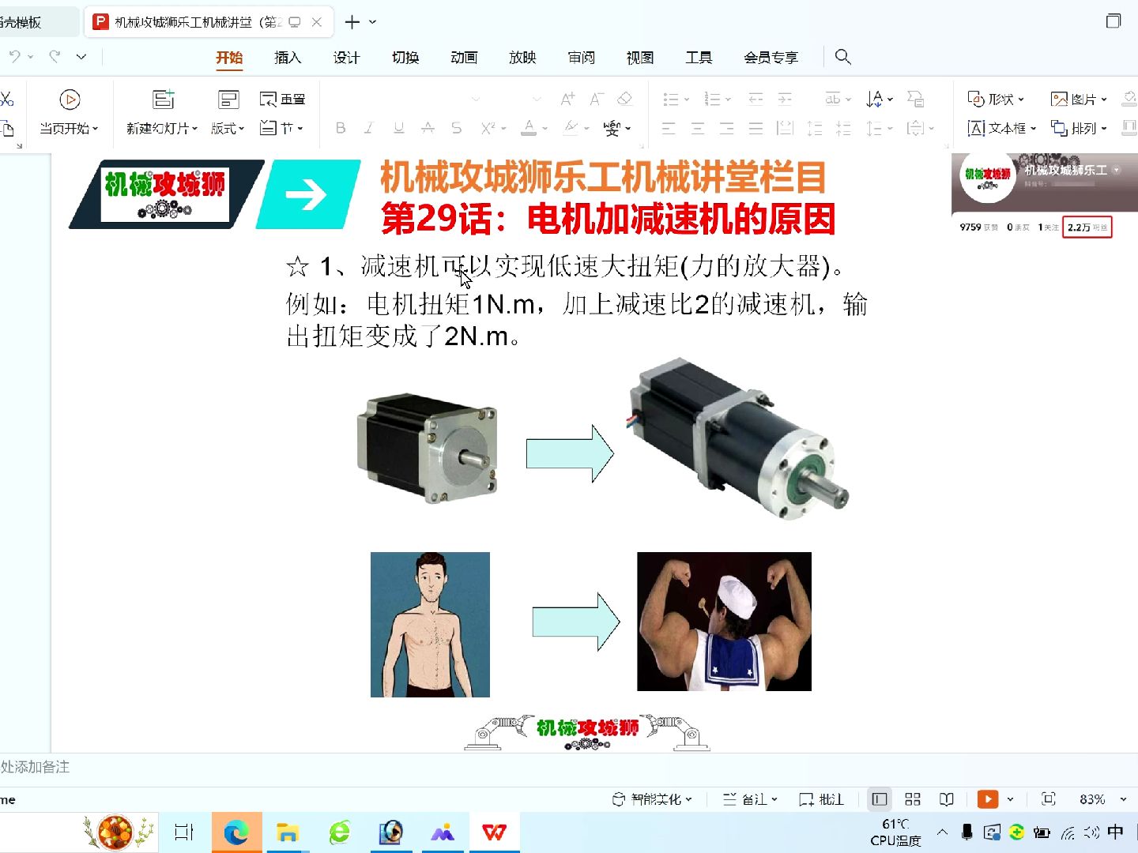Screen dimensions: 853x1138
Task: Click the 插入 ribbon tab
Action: click(288, 58)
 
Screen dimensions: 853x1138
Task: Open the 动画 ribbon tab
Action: click(464, 58)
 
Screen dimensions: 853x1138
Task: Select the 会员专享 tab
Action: click(771, 58)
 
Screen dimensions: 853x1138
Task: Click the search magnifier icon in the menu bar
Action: click(843, 57)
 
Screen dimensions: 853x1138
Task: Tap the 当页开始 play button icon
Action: click(70, 100)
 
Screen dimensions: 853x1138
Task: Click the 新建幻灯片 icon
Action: click(163, 100)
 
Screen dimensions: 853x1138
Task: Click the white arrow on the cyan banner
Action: click(307, 194)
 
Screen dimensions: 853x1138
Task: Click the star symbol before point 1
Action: click(297, 267)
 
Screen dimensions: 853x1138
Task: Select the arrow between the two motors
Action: click(570, 453)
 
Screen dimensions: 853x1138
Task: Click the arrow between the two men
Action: click(575, 622)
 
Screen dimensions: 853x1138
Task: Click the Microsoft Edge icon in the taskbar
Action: click(236, 832)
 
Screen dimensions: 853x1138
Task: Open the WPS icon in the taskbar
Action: click(495, 832)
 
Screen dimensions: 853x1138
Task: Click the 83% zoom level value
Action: click(1092, 799)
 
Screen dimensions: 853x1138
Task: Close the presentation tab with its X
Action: click(317, 22)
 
